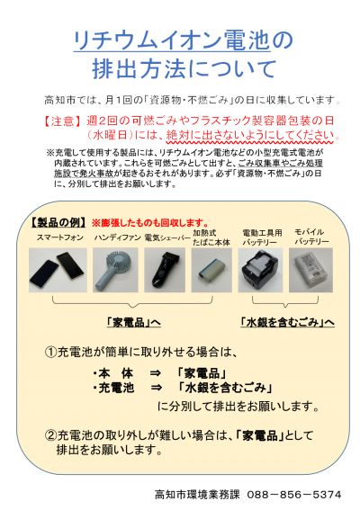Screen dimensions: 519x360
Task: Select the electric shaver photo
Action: [163, 267]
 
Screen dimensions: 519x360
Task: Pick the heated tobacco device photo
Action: [211, 267]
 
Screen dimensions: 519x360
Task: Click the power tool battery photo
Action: [259, 267]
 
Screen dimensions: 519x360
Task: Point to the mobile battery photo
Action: [310, 267]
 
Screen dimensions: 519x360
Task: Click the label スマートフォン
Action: [61, 237]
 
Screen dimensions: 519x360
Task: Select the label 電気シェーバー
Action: [163, 237]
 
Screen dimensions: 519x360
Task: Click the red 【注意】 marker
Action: [62, 121]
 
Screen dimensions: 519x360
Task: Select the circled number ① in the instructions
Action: [52, 352]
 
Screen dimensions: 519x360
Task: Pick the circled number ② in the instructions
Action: [52, 436]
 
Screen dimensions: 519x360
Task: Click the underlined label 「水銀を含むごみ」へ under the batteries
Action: [286, 321]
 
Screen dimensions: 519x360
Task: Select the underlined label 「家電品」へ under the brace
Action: [133, 321]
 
